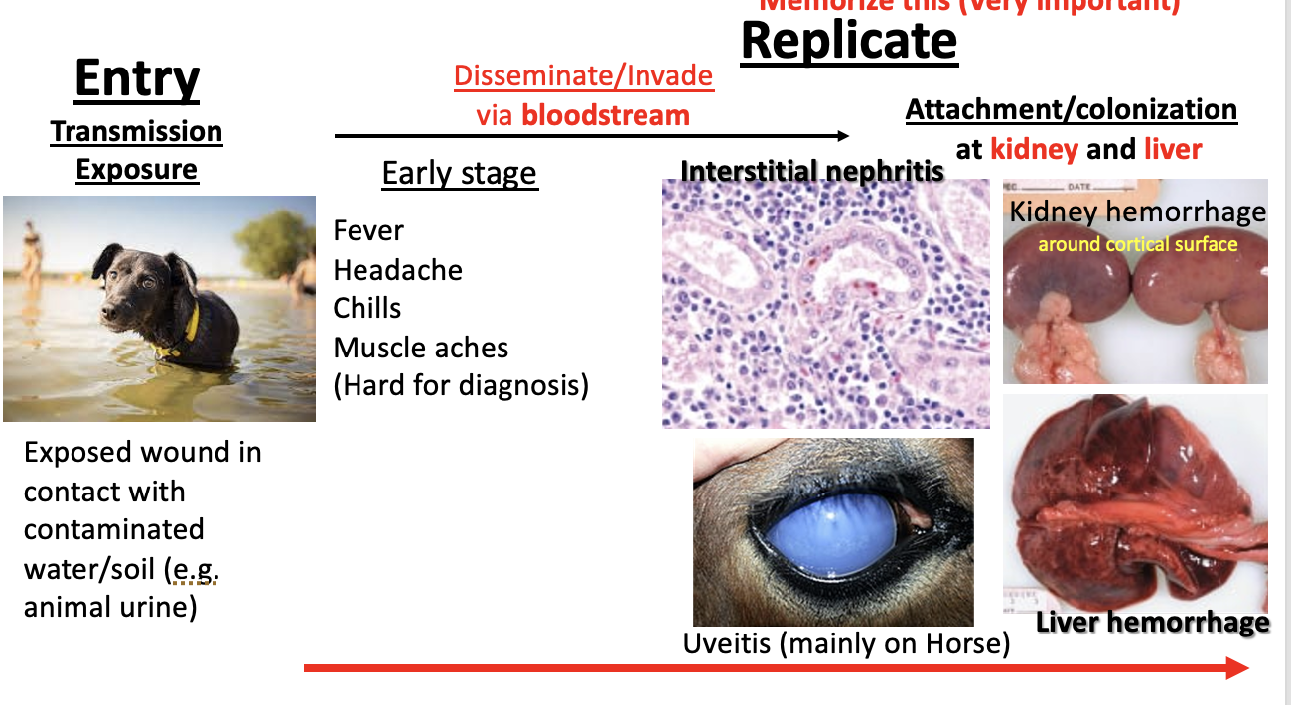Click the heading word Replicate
849,42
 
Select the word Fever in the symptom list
368,231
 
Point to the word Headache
397,270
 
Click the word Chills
367,308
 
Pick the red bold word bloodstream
606,115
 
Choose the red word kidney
1034,149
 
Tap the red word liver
1172,149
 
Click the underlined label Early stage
459,174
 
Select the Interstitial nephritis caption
812,171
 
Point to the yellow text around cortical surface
1138,244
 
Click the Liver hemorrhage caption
1152,623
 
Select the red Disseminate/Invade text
584,76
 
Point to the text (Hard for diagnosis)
461,385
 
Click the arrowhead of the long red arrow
1236,668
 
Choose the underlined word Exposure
137,169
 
